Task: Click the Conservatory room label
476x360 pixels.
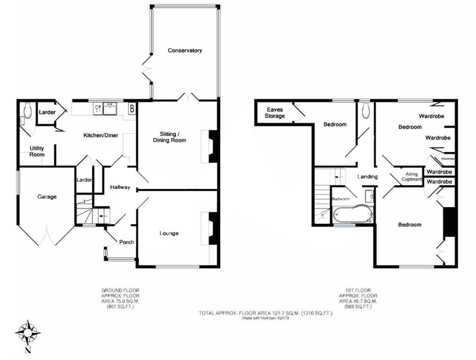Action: point(185,50)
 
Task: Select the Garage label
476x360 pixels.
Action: point(47,197)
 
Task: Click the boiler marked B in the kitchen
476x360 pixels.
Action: point(131,108)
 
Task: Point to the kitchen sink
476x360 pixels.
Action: point(110,108)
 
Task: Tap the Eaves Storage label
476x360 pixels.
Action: point(276,113)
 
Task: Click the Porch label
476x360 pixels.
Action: point(127,242)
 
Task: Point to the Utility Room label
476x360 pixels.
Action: point(37,151)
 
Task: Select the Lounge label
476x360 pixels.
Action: point(169,233)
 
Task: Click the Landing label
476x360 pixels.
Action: point(367,177)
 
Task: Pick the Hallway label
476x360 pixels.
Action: point(120,187)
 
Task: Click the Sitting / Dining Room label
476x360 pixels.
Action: point(170,137)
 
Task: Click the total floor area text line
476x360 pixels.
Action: point(265,314)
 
